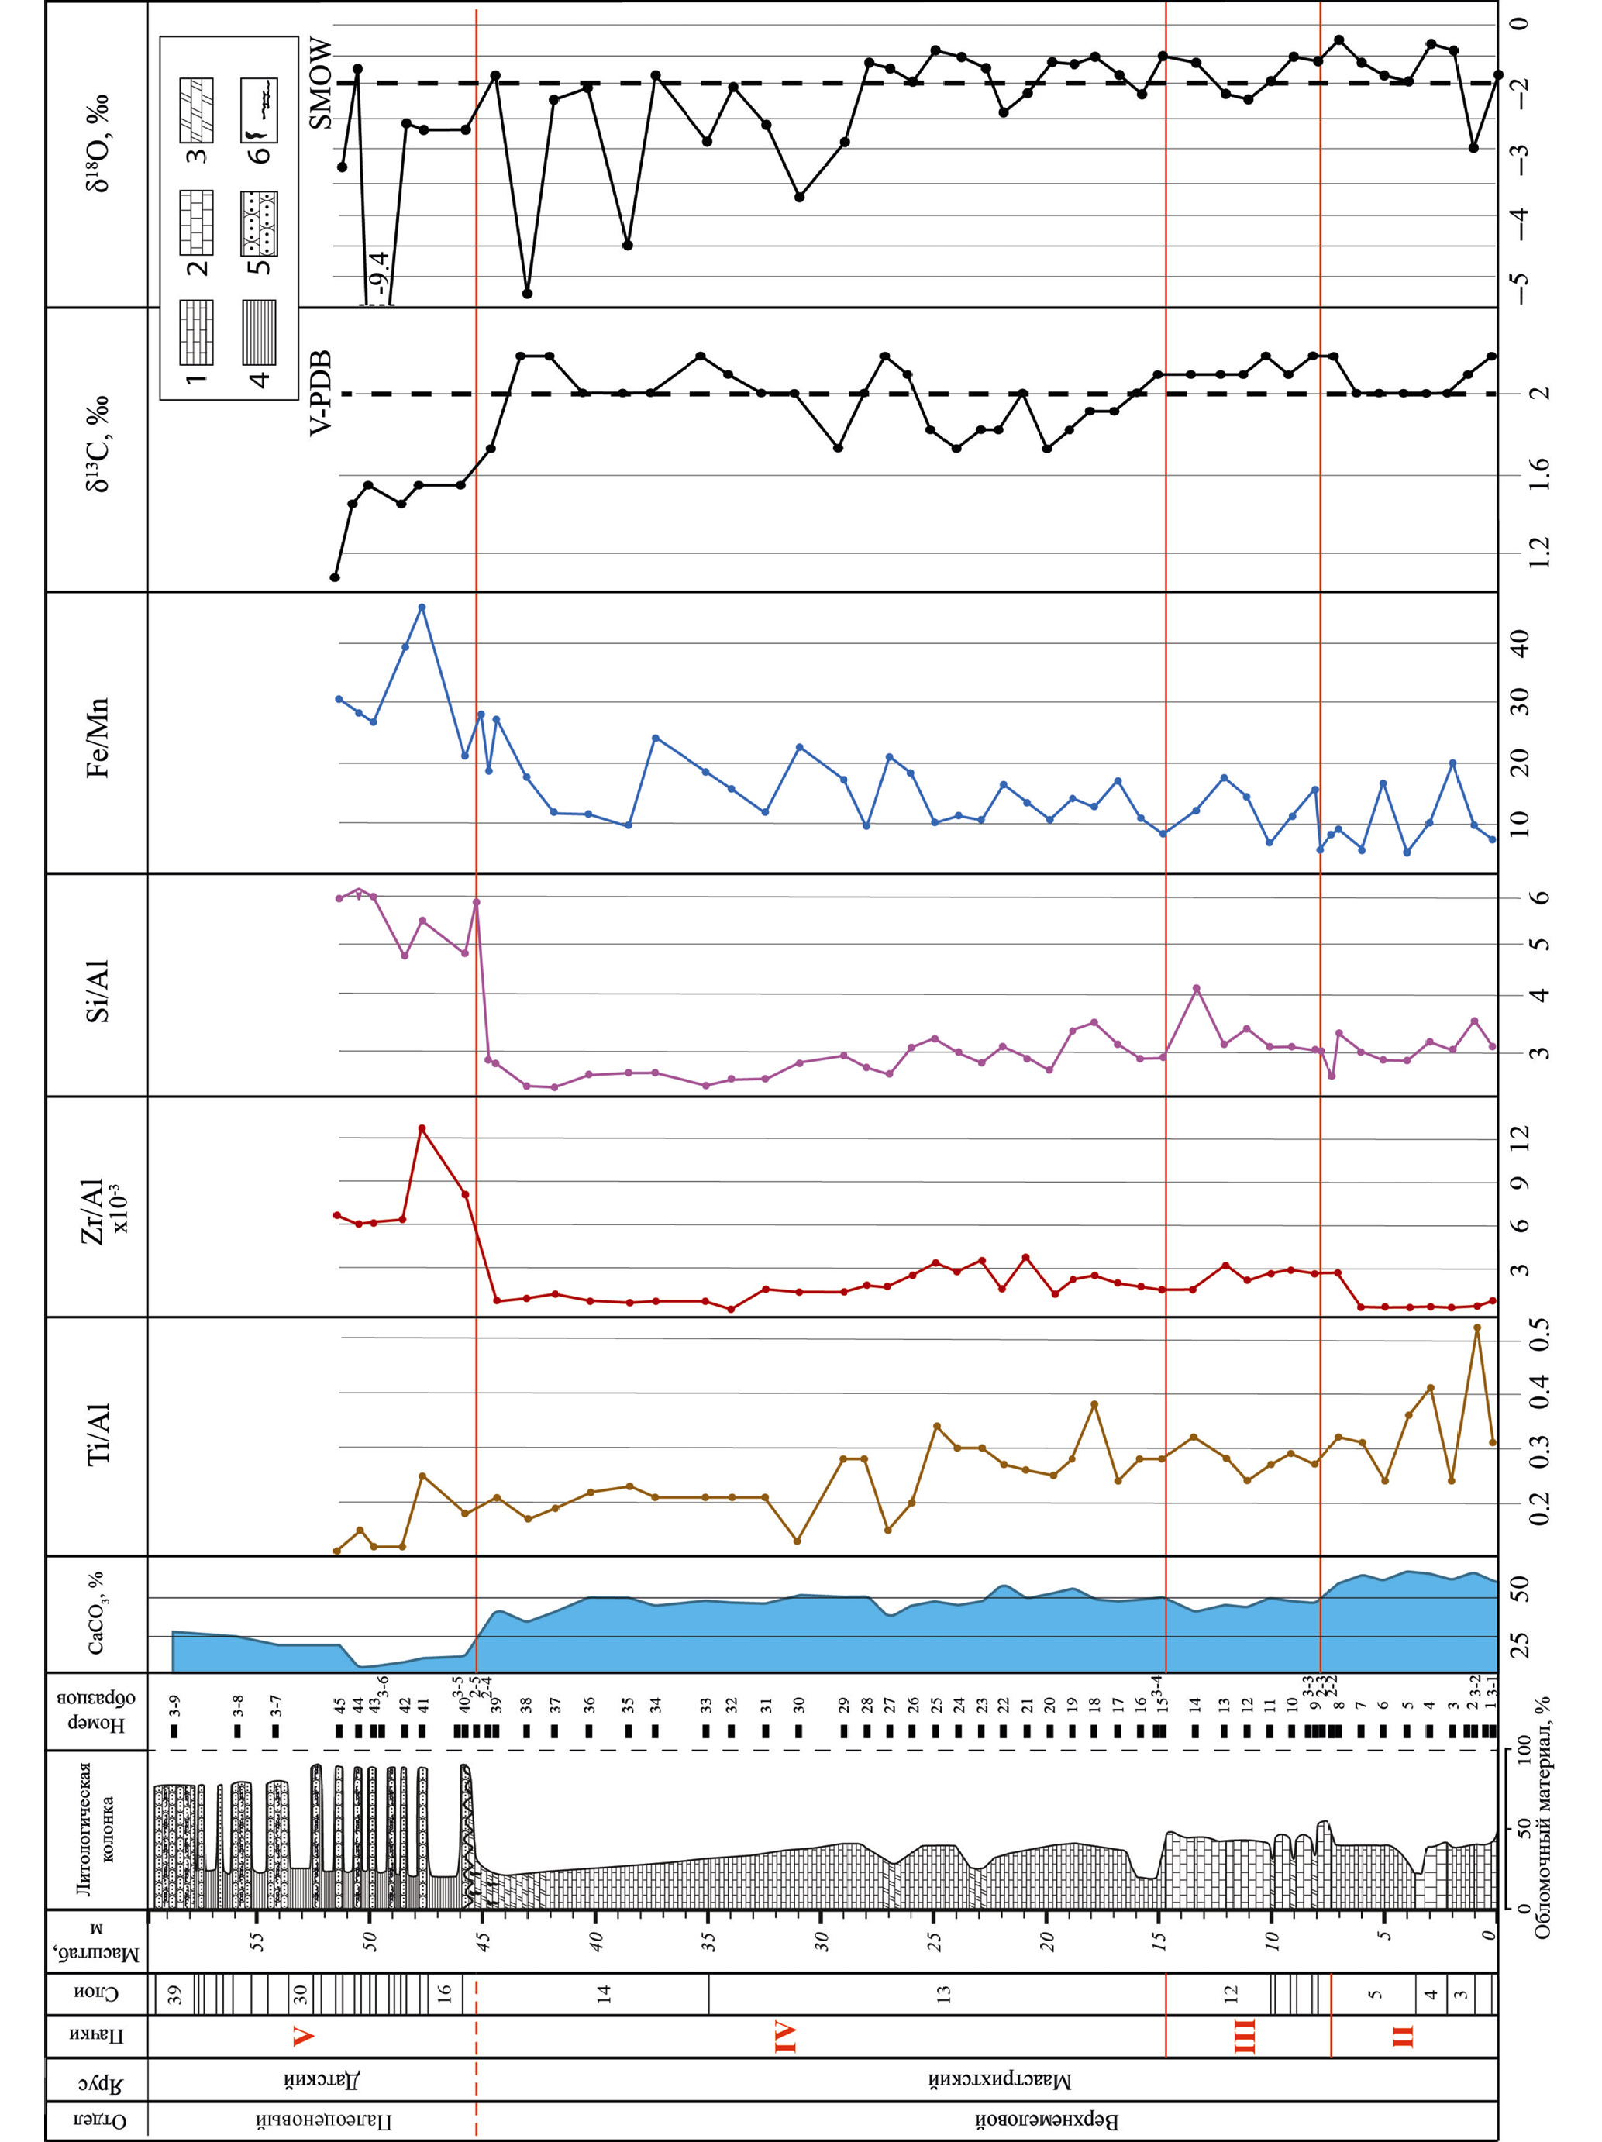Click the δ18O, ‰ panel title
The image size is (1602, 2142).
tap(97, 143)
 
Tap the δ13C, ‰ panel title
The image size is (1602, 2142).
tap(97, 443)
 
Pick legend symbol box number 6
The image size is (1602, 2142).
tap(259, 109)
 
